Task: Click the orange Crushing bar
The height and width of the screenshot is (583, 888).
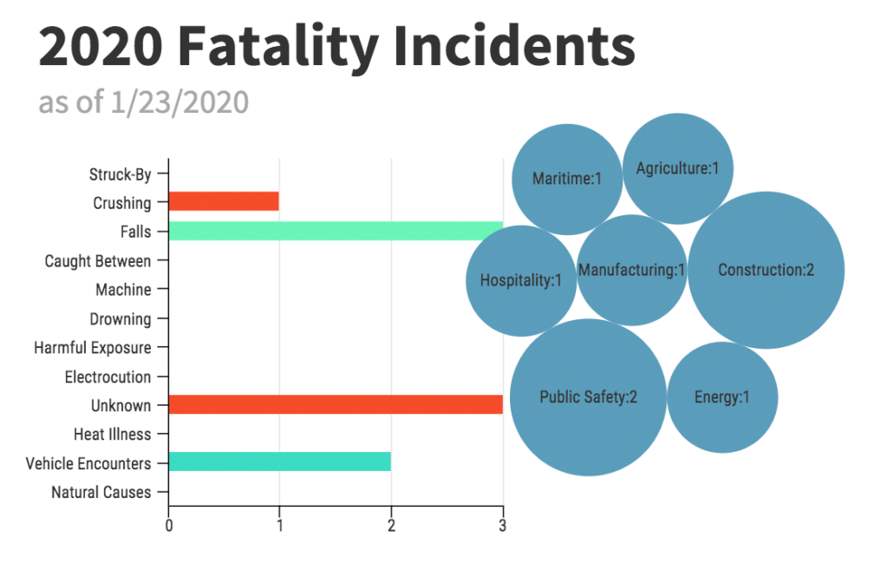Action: pyautogui.click(x=224, y=201)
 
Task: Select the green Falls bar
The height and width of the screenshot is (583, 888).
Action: pyautogui.click(x=336, y=231)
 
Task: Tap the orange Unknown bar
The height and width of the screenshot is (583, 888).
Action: pyautogui.click(x=336, y=404)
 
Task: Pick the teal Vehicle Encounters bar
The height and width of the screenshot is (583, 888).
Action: pyautogui.click(x=279, y=462)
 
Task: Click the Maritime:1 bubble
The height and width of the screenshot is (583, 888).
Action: pyautogui.click(x=566, y=179)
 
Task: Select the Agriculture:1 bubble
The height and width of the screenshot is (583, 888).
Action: pyautogui.click(x=678, y=168)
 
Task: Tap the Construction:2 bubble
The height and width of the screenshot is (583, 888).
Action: pyautogui.click(x=766, y=270)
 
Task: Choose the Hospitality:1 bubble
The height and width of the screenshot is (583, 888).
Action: pyautogui.click(x=520, y=280)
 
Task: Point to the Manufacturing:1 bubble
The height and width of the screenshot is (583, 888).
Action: pyautogui.click(x=631, y=270)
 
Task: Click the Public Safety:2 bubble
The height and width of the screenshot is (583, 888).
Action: pyautogui.click(x=588, y=397)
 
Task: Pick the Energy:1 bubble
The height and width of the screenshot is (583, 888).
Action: pyautogui.click(x=721, y=397)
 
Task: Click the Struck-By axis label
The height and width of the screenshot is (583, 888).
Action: pyautogui.click(x=121, y=174)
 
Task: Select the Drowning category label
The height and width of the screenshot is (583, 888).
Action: pyautogui.click(x=121, y=318)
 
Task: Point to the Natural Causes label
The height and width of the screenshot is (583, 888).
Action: pyautogui.click(x=101, y=492)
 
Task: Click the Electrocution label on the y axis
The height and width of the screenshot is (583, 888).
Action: pyautogui.click(x=108, y=377)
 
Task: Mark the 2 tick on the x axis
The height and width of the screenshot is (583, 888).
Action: pyautogui.click(x=391, y=524)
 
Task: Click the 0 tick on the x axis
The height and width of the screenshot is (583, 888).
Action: pyautogui.click(x=168, y=524)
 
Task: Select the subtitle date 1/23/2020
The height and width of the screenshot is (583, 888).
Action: pyautogui.click(x=180, y=102)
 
